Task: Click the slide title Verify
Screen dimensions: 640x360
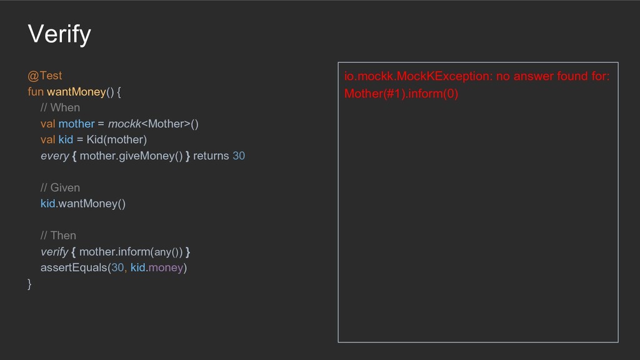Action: click(59, 34)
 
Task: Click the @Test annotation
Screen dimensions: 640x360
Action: click(44, 76)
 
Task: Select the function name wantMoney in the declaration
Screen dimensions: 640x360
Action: click(76, 92)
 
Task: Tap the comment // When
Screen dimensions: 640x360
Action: click(60, 107)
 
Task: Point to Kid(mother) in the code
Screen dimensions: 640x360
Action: click(116, 139)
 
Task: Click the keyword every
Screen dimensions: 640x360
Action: click(54, 156)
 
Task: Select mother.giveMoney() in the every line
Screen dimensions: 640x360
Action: click(131, 156)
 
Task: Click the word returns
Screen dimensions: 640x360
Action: click(211, 156)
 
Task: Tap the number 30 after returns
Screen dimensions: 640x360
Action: click(239, 156)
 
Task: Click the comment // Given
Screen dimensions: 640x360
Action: click(60, 187)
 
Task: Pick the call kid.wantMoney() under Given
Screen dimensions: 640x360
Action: click(83, 204)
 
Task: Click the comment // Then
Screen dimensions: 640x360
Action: click(58, 236)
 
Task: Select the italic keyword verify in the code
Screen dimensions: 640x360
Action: click(54, 252)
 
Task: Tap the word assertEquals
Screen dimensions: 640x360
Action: click(74, 267)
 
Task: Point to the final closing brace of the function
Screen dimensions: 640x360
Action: click(29, 284)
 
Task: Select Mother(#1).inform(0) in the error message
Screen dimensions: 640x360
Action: click(401, 94)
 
